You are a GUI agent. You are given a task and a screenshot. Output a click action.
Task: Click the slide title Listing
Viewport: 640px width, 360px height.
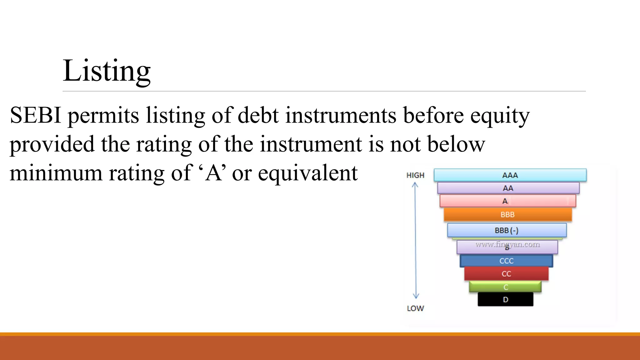click(107, 71)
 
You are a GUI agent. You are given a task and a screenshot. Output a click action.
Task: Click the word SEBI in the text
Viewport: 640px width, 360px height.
click(35, 115)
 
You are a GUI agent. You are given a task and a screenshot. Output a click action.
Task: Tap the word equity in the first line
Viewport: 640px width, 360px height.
click(500, 116)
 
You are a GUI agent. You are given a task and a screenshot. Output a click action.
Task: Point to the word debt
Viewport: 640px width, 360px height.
click(258, 115)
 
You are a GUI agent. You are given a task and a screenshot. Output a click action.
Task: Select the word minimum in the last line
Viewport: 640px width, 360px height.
click(56, 173)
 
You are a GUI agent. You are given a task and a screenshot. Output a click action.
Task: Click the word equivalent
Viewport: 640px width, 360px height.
click(307, 174)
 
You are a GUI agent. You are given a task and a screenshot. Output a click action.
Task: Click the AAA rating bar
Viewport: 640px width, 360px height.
click(510, 175)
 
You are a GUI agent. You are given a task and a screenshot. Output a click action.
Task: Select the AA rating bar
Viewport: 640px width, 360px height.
click(508, 188)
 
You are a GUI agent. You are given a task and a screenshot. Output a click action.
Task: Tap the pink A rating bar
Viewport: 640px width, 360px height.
click(507, 201)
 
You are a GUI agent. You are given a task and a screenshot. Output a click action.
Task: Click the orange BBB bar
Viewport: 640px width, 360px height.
click(507, 215)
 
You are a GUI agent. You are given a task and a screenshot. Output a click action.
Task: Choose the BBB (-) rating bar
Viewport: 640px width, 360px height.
click(507, 231)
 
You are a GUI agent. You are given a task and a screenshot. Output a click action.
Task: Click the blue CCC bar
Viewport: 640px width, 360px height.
click(506, 261)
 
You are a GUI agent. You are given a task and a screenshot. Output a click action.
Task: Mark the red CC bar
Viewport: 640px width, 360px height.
click(506, 274)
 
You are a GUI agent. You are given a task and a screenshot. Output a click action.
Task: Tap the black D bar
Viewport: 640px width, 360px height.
click(505, 300)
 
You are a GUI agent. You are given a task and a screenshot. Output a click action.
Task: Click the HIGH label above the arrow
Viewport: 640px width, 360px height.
click(415, 175)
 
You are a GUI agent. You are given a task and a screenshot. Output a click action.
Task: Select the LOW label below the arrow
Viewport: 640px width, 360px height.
click(415, 308)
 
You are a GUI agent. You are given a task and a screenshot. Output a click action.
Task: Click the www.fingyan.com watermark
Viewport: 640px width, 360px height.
click(507, 244)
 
